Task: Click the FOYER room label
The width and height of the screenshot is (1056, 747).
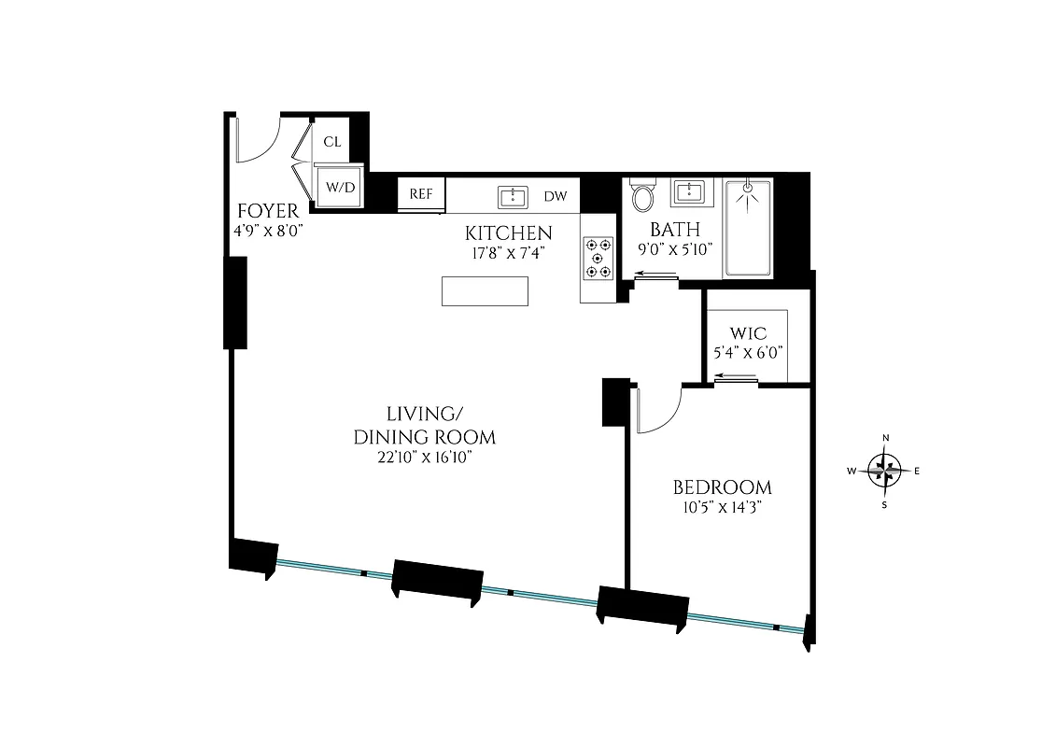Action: pyautogui.click(x=267, y=211)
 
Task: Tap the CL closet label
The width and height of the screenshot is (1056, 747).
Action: pyautogui.click(x=332, y=142)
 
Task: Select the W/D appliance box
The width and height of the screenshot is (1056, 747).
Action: pyautogui.click(x=340, y=187)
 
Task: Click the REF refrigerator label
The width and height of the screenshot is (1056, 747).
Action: pyautogui.click(x=421, y=194)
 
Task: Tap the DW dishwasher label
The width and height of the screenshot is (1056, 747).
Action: pyautogui.click(x=556, y=196)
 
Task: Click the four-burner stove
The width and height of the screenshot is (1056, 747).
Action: pyautogui.click(x=598, y=258)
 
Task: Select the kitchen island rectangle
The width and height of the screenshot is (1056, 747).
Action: pyautogui.click(x=484, y=291)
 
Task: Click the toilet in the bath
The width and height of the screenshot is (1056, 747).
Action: pyautogui.click(x=643, y=197)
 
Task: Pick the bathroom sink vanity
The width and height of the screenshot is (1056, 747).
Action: pyautogui.click(x=691, y=193)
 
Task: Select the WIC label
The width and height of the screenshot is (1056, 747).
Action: pyautogui.click(x=748, y=333)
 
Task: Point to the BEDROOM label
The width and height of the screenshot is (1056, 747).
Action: pyautogui.click(x=722, y=487)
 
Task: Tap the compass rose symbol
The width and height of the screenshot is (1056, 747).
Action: pyautogui.click(x=885, y=471)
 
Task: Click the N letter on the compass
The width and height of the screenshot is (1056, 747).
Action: pyautogui.click(x=886, y=438)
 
